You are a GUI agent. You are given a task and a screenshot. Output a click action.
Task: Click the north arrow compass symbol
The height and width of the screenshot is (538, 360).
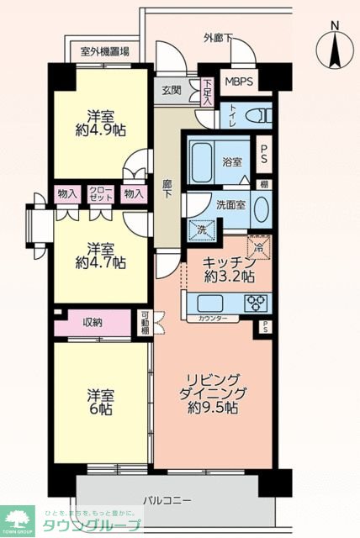click(334, 46)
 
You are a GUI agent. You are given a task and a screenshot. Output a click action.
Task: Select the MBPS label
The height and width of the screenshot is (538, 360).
click(236, 82)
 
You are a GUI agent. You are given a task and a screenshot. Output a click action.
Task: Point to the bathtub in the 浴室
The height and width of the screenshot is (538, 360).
click(202, 156)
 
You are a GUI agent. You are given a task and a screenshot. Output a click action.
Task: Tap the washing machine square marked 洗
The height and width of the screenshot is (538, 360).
click(202, 229)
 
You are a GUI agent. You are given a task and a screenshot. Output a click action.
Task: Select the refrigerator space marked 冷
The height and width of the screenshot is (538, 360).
click(261, 246)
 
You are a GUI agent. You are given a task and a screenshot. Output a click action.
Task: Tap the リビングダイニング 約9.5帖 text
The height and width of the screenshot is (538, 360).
click(214, 393)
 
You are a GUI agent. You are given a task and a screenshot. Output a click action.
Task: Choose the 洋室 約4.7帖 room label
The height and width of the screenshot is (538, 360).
click(98, 256)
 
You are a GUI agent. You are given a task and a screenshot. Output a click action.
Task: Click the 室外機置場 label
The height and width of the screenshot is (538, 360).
click(104, 51)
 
